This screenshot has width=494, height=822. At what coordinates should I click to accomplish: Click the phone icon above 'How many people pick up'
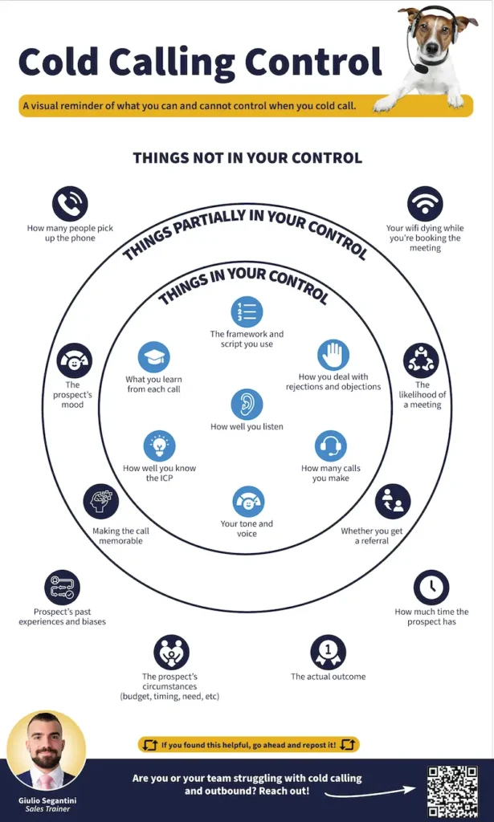click(70, 204)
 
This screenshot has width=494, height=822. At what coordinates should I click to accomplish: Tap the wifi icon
click(425, 204)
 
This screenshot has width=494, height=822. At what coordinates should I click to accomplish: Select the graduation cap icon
click(153, 357)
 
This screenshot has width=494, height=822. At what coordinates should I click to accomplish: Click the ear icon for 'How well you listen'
click(247, 405)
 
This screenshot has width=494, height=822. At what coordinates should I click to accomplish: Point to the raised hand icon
click(333, 355)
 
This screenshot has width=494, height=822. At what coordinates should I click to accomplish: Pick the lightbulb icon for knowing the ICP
click(159, 446)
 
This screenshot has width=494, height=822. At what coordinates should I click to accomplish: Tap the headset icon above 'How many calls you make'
click(331, 446)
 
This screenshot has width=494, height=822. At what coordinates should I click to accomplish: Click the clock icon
click(431, 588)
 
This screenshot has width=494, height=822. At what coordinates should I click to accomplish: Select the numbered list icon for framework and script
click(247, 311)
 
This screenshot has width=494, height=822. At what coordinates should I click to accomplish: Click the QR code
click(452, 790)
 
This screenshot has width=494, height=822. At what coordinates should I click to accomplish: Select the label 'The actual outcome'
click(328, 677)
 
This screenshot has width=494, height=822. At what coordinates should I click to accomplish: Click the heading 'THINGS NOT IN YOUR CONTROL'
click(247, 158)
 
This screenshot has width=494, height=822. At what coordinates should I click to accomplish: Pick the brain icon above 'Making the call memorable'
click(101, 502)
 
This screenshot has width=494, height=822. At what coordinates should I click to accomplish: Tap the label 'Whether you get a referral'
click(372, 535)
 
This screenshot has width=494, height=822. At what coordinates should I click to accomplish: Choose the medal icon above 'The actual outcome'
click(328, 651)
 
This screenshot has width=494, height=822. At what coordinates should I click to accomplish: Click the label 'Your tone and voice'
click(247, 528)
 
